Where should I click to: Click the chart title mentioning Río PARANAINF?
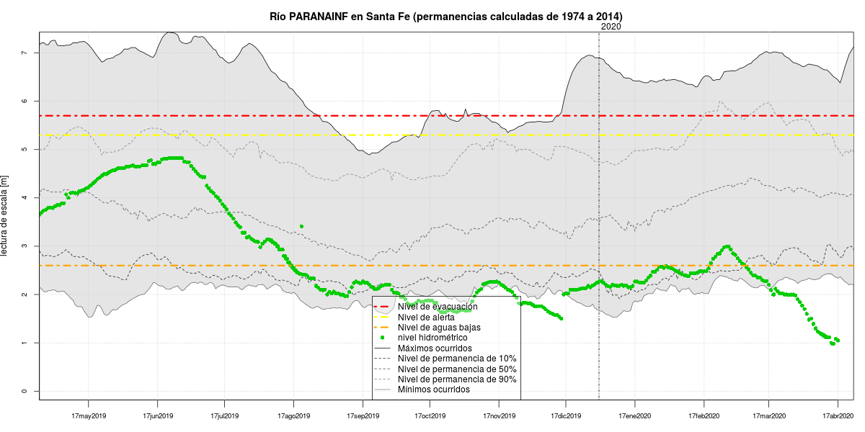tap(446, 16)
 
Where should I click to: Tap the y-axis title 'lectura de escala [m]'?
tap(6, 215)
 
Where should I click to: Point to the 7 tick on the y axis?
tap(25, 53)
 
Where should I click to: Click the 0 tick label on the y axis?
tap(25, 391)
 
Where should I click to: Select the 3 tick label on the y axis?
tap(25, 246)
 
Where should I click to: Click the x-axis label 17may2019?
tap(89, 416)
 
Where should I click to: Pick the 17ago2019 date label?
tap(293, 416)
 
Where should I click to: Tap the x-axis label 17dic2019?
tap(566, 416)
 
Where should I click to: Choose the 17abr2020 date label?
tap(838, 416)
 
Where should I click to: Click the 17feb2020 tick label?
tap(704, 416)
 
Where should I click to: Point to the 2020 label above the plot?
tap(610, 27)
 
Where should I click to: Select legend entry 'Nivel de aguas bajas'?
tap(439, 328)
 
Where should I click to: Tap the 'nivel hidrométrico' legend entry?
tap(432, 338)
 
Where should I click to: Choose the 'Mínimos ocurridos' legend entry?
tap(433, 390)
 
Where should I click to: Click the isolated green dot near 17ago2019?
tap(301, 226)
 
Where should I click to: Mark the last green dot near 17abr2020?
tap(838, 340)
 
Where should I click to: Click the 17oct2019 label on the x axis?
tap(430, 416)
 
